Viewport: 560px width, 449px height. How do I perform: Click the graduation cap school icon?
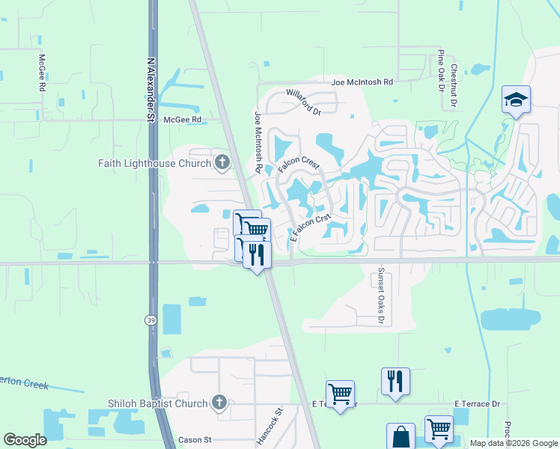[516, 100]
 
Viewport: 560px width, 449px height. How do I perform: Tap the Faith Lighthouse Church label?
[154, 162]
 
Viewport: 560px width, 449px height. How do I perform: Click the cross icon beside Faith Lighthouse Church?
[221, 162]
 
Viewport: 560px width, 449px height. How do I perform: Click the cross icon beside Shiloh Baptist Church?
[219, 403]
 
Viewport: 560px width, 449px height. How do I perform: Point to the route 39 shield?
[150, 319]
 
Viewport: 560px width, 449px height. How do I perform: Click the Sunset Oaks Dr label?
[380, 296]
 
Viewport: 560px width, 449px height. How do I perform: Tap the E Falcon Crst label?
[310, 228]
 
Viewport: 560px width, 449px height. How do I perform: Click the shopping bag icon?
[400, 436]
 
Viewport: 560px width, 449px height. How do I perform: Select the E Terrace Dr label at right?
[476, 404]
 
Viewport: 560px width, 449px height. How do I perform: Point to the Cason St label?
[195, 440]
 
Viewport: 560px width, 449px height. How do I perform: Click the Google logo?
[25, 440]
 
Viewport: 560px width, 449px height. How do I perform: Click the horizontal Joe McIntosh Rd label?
[362, 82]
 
